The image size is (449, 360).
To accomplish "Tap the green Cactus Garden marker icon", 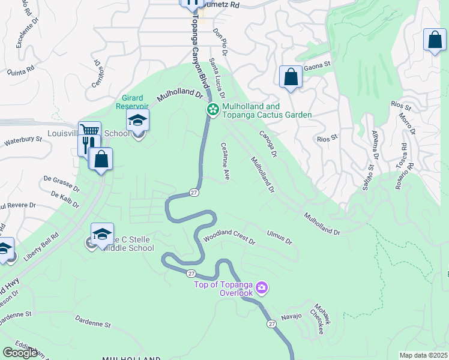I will coord(212,110).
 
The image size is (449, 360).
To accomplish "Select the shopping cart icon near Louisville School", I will coord(89,131).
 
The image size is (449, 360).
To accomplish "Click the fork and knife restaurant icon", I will coord(88,145).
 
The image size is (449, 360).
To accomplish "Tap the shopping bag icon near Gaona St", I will coord(291,77).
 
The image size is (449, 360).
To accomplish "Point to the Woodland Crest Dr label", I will coord(229,238).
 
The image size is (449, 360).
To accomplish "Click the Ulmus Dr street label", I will coord(279,236).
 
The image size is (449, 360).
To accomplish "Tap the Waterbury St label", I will coord(23,140).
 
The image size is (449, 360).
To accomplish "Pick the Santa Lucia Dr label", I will coord(217,79).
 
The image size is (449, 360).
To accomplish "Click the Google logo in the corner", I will coord(20,353).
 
